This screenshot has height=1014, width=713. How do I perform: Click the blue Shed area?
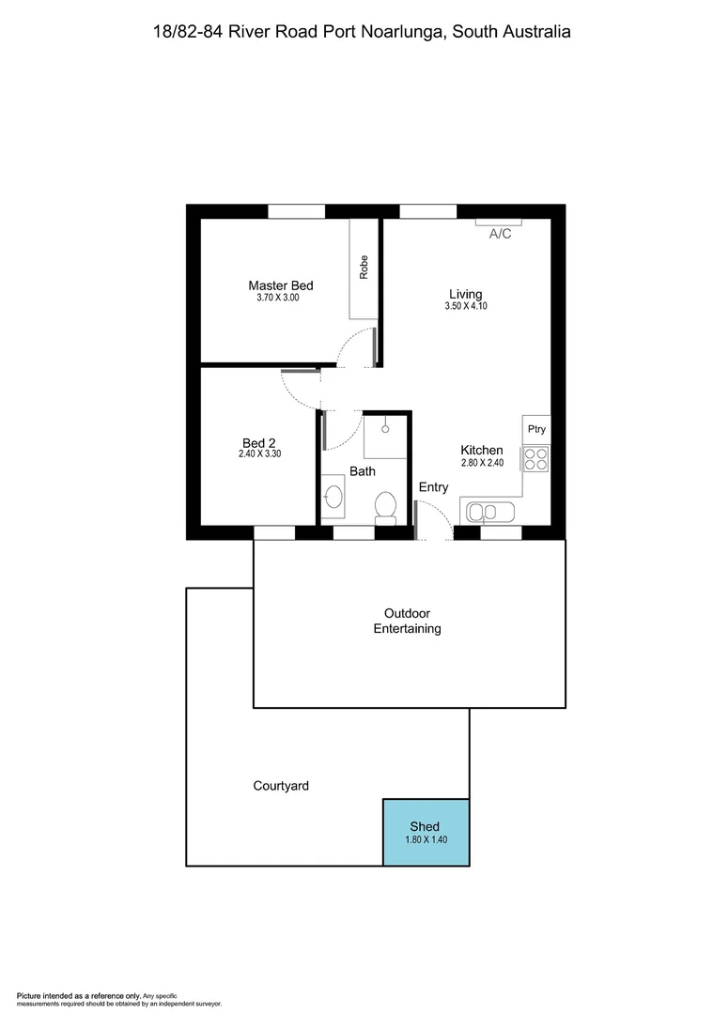point(426,831)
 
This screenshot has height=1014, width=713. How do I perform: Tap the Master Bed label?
point(280,285)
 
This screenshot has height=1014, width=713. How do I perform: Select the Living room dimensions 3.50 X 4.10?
point(466,306)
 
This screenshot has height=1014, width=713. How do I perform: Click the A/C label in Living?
point(500,234)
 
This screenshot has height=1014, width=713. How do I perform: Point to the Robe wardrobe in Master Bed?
point(363,268)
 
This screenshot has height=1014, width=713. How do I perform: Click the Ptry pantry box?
point(536,429)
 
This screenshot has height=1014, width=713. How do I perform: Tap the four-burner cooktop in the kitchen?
point(536,459)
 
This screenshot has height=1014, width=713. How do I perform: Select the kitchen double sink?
point(487,512)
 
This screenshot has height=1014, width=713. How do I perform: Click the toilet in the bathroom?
point(385,506)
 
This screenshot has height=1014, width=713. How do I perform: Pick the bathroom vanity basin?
point(333,498)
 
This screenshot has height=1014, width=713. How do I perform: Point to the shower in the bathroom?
point(385,437)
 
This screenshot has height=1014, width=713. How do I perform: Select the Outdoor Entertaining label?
point(407,621)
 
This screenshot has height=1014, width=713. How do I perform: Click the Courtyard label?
point(281,786)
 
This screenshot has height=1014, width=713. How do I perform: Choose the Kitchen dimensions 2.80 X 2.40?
point(481,463)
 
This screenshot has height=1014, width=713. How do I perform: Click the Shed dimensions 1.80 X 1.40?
point(425,840)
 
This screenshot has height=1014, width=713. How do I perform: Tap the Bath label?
point(363,471)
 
